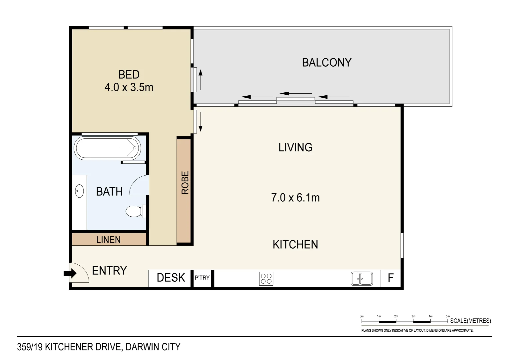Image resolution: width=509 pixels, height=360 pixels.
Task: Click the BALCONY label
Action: [x=326, y=63]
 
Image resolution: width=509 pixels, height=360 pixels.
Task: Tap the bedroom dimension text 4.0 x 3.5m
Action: [x=129, y=87]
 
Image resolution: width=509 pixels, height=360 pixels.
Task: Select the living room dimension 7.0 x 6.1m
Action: [x=295, y=198]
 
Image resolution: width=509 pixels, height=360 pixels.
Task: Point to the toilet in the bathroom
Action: [x=135, y=211]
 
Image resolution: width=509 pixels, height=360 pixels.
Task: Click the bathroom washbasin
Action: [x=79, y=191]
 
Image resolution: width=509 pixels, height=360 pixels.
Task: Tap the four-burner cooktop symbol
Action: [x=266, y=278]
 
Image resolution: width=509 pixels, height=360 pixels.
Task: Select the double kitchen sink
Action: [x=361, y=278]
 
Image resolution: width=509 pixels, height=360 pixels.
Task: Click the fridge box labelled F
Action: [x=391, y=278]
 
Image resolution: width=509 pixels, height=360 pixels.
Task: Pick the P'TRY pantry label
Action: [x=202, y=277]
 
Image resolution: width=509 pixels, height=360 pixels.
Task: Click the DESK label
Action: [x=171, y=278]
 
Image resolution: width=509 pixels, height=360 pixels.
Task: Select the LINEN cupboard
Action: [x=109, y=240]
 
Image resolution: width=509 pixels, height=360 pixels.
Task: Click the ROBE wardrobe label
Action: [x=185, y=183]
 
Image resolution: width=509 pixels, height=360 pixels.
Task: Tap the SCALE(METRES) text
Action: [x=470, y=321]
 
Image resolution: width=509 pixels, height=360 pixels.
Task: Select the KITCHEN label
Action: [x=295, y=245]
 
